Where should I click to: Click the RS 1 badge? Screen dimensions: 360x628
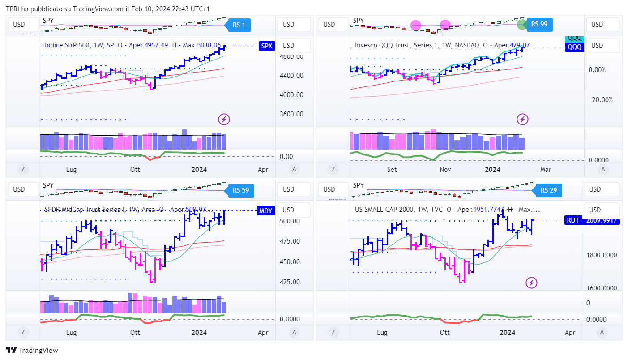pyautogui.click(x=239, y=25)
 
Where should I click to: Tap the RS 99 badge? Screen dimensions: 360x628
pyautogui.click(x=539, y=25)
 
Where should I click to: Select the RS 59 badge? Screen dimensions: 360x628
pyautogui.click(x=240, y=190)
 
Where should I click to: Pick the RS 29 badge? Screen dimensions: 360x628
pyautogui.click(x=548, y=190)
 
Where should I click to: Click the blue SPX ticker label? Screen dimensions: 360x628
pyautogui.click(x=266, y=46)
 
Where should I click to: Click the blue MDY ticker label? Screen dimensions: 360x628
pyautogui.click(x=265, y=211)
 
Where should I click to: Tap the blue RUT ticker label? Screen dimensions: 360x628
pyautogui.click(x=573, y=220)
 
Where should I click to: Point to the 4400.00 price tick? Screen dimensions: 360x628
pyautogui.click(x=291, y=76)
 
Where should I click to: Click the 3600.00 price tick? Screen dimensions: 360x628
pyautogui.click(x=291, y=114)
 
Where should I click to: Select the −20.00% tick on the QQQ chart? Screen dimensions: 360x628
pyautogui.click(x=600, y=100)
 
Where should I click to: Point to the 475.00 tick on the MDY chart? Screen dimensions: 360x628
pyautogui.click(x=289, y=241)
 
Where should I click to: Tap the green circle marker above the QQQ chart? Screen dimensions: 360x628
pyautogui.click(x=521, y=24)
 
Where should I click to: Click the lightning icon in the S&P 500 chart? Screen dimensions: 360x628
pyautogui.click(x=224, y=119)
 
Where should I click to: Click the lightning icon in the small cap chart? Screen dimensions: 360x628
pyautogui.click(x=531, y=283)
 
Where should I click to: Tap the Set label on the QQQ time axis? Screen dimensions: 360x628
pyautogui.click(x=392, y=170)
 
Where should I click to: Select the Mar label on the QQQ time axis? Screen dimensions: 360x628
pyautogui.click(x=546, y=170)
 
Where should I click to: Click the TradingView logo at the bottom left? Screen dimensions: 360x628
pyautogui.click(x=32, y=351)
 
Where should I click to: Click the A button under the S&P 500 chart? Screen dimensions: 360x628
pyautogui.click(x=294, y=169)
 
